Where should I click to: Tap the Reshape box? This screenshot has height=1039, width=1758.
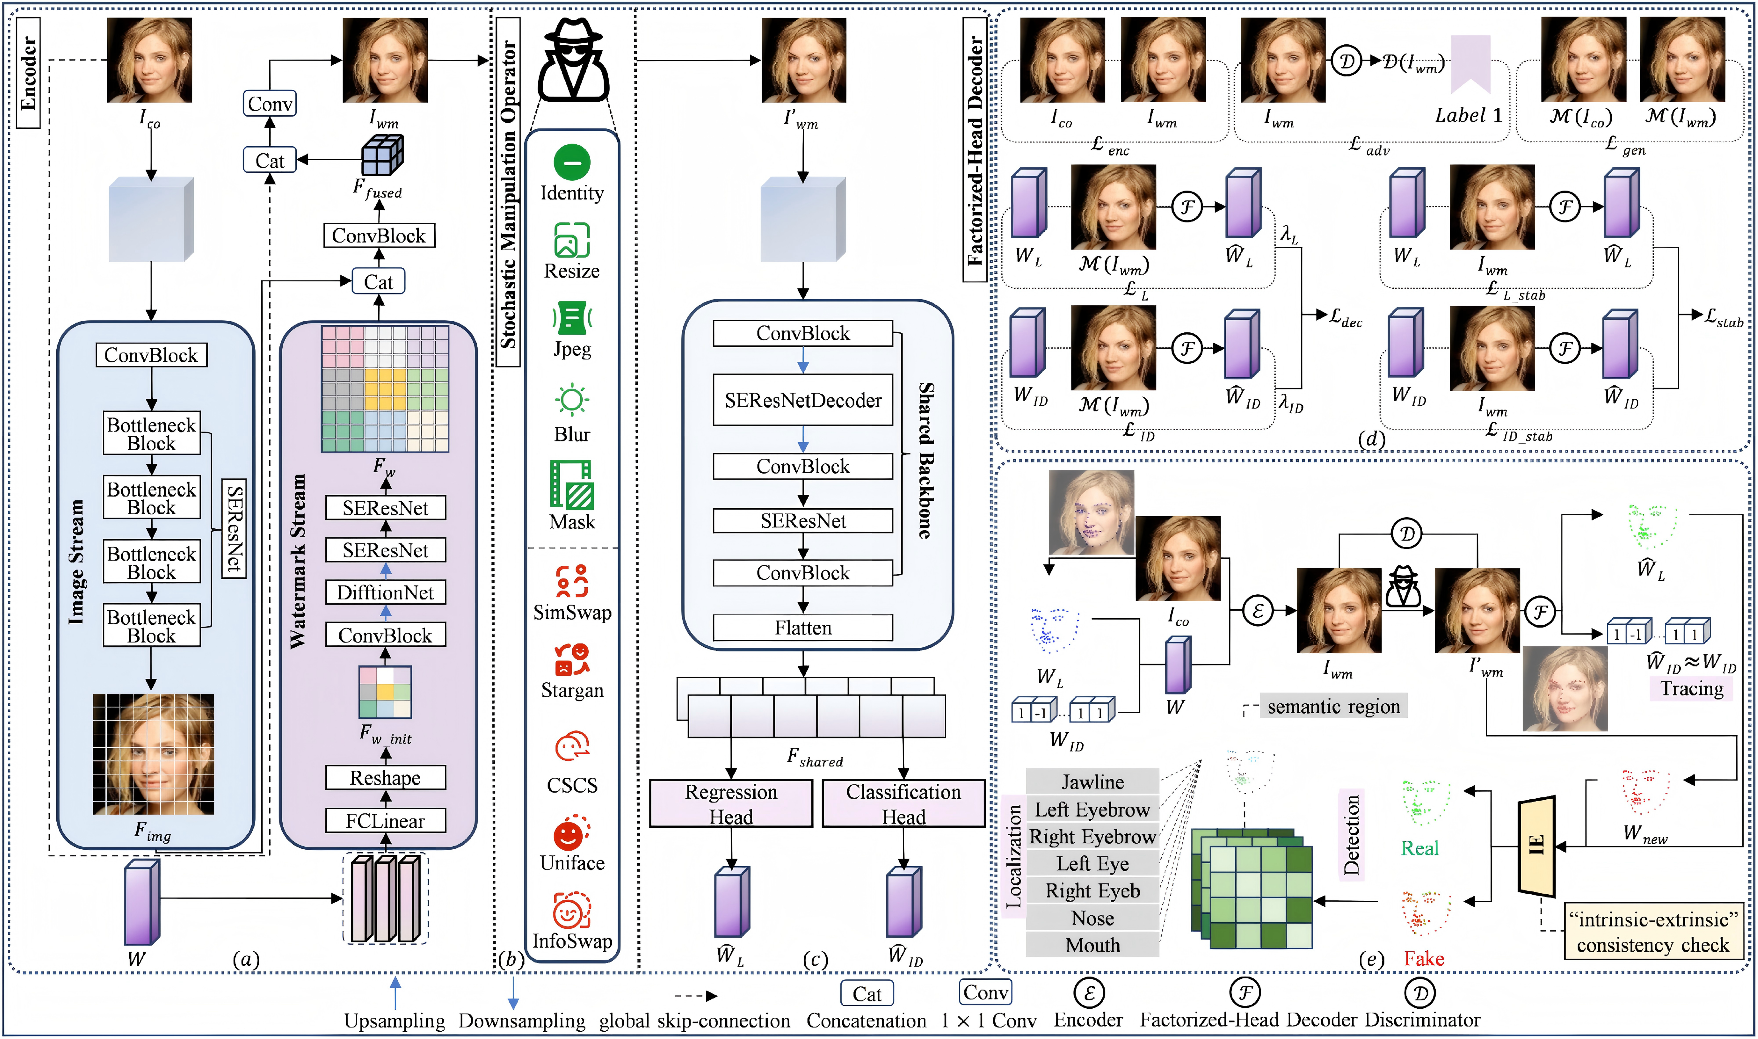pyautogui.click(x=385, y=778)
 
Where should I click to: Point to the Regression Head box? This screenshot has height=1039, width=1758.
pyautogui.click(x=731, y=804)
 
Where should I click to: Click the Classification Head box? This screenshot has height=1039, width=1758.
pyautogui.click(x=903, y=804)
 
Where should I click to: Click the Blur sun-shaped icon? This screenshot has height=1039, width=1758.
pyautogui.click(x=572, y=401)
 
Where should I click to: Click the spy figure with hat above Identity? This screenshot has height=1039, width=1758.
pyautogui.click(x=573, y=60)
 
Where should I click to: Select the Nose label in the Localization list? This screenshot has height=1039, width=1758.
pyautogui.click(x=1092, y=918)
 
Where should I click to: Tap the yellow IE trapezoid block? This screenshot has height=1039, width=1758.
pyautogui.click(x=1536, y=846)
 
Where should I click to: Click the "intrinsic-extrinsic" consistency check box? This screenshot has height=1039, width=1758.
pyautogui.click(x=1652, y=932)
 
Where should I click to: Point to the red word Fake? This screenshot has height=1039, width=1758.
pyautogui.click(x=1423, y=959)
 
